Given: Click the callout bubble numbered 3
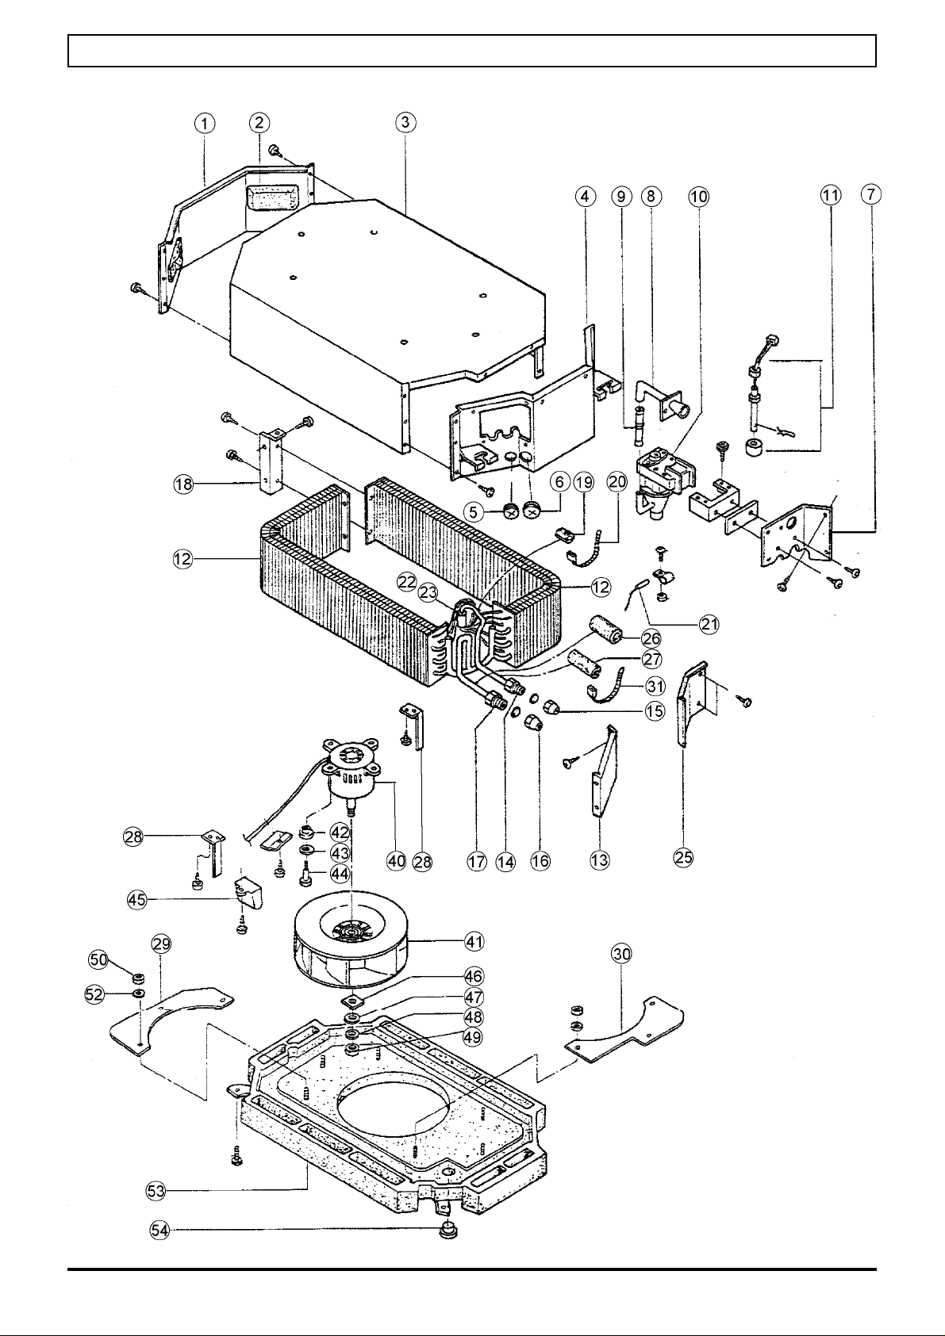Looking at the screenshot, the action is pyautogui.click(x=405, y=122).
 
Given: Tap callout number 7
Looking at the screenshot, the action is pyautogui.click(x=871, y=194).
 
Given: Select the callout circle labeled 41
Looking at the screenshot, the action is pyautogui.click(x=474, y=942).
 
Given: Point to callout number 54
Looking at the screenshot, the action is pyautogui.click(x=159, y=1230).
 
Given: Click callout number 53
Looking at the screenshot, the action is pyautogui.click(x=156, y=1191).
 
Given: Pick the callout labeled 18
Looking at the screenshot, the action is pyautogui.click(x=183, y=484).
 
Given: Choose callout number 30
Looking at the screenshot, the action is pyautogui.click(x=621, y=955).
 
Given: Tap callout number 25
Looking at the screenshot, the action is pyautogui.click(x=683, y=858).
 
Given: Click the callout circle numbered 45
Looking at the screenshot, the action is pyautogui.click(x=136, y=899).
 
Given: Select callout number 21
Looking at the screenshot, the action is pyautogui.click(x=709, y=624).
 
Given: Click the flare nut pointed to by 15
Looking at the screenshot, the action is pyautogui.click(x=550, y=708).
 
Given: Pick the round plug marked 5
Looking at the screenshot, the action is pyautogui.click(x=511, y=511).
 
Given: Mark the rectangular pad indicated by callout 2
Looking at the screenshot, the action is pyautogui.click(x=271, y=198).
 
